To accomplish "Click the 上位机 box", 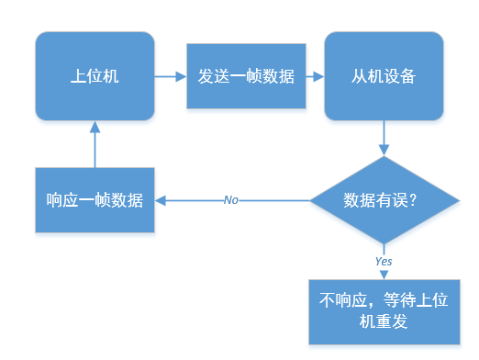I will coord(95,76).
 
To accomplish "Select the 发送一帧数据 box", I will coord(246,76).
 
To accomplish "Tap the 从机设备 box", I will coord(384,76).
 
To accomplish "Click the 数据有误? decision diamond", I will coord(384,200).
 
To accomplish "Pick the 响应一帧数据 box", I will coord(95,200).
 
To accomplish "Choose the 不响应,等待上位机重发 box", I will coord(384,310).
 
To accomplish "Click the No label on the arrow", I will coord(231,200).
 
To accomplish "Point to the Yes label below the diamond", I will coord(384,261).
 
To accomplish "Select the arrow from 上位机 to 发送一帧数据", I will coord(170,76).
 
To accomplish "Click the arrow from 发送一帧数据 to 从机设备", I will coord(315,76).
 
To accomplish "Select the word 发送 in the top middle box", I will coord(214,76).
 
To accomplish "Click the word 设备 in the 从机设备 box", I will coord(400,76).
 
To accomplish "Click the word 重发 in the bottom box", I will coord(393,322).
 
